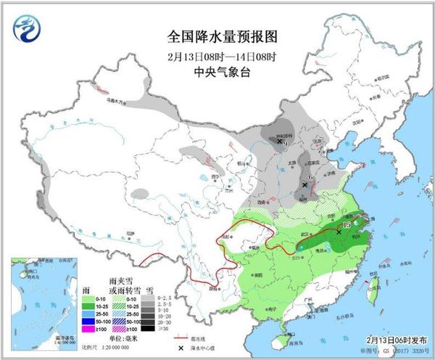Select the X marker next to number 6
point(304,185)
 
